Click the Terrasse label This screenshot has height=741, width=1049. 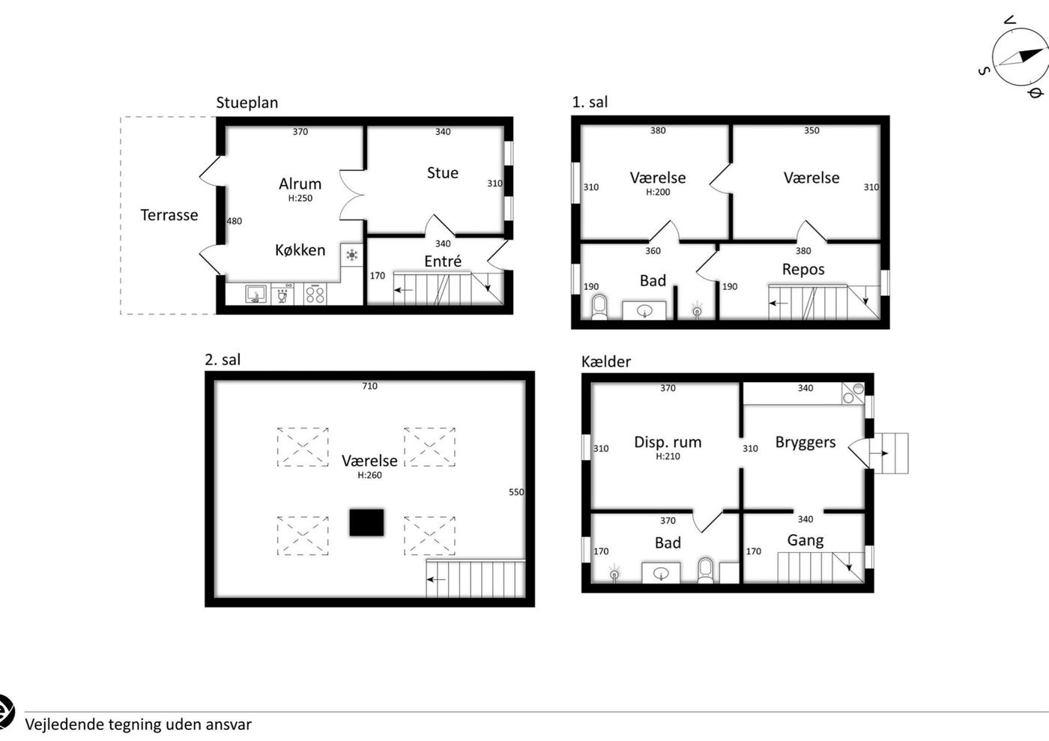pyautogui.click(x=169, y=215)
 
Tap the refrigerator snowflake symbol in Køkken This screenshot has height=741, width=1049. pyautogui.click(x=351, y=255)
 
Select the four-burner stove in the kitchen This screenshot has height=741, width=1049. pyautogui.click(x=315, y=295)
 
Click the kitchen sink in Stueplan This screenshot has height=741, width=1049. pyautogui.click(x=256, y=294)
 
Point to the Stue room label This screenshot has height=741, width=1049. pyautogui.click(x=443, y=173)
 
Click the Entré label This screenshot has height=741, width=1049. pyautogui.click(x=443, y=261)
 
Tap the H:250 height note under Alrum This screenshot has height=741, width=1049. pyautogui.click(x=300, y=198)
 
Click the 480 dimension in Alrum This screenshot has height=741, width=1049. pyautogui.click(x=234, y=221)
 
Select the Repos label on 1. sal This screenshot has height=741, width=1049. pyautogui.click(x=803, y=270)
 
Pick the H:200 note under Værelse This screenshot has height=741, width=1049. pyautogui.click(x=658, y=192)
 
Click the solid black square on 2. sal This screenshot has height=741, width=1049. pyautogui.click(x=366, y=522)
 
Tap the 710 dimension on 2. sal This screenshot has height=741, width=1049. pyautogui.click(x=369, y=386)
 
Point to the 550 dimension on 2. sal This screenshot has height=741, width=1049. pyautogui.click(x=516, y=492)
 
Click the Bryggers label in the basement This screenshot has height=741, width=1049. pyautogui.click(x=805, y=443)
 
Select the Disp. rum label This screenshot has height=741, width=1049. pyautogui.click(x=668, y=443)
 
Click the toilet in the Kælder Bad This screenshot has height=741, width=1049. pyautogui.click(x=705, y=570)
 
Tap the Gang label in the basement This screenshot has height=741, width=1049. pyautogui.click(x=805, y=540)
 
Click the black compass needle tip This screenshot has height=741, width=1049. pyautogui.click(x=1043, y=49)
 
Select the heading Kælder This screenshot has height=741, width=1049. pyautogui.click(x=606, y=362)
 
